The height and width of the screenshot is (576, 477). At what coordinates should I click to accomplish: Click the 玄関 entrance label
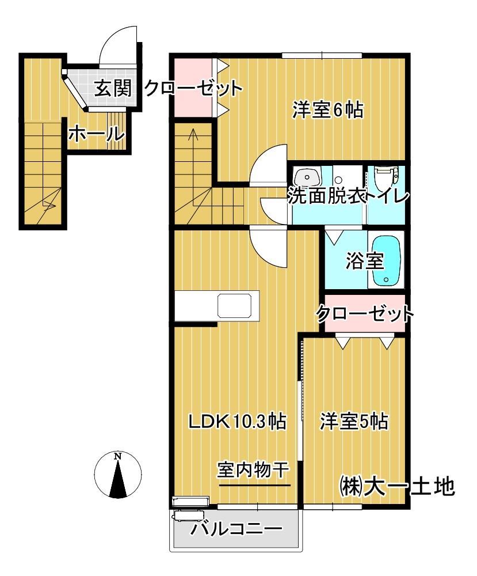pos(113,89)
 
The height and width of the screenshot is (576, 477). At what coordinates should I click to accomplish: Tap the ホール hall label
pos(97,134)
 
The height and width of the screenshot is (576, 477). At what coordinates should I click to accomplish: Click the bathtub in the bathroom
pos(386,262)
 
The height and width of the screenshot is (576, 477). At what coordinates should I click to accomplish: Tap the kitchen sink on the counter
pos(235,305)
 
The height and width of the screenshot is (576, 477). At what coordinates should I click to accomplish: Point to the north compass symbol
pos(117,475)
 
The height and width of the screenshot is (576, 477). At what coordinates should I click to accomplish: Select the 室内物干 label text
pos(254,471)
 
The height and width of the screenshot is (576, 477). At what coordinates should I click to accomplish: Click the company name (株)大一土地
pos(397,487)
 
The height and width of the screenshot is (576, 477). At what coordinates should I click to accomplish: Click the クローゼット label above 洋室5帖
pos(365,314)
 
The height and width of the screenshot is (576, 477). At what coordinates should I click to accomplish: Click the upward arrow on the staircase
pos(193,138)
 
